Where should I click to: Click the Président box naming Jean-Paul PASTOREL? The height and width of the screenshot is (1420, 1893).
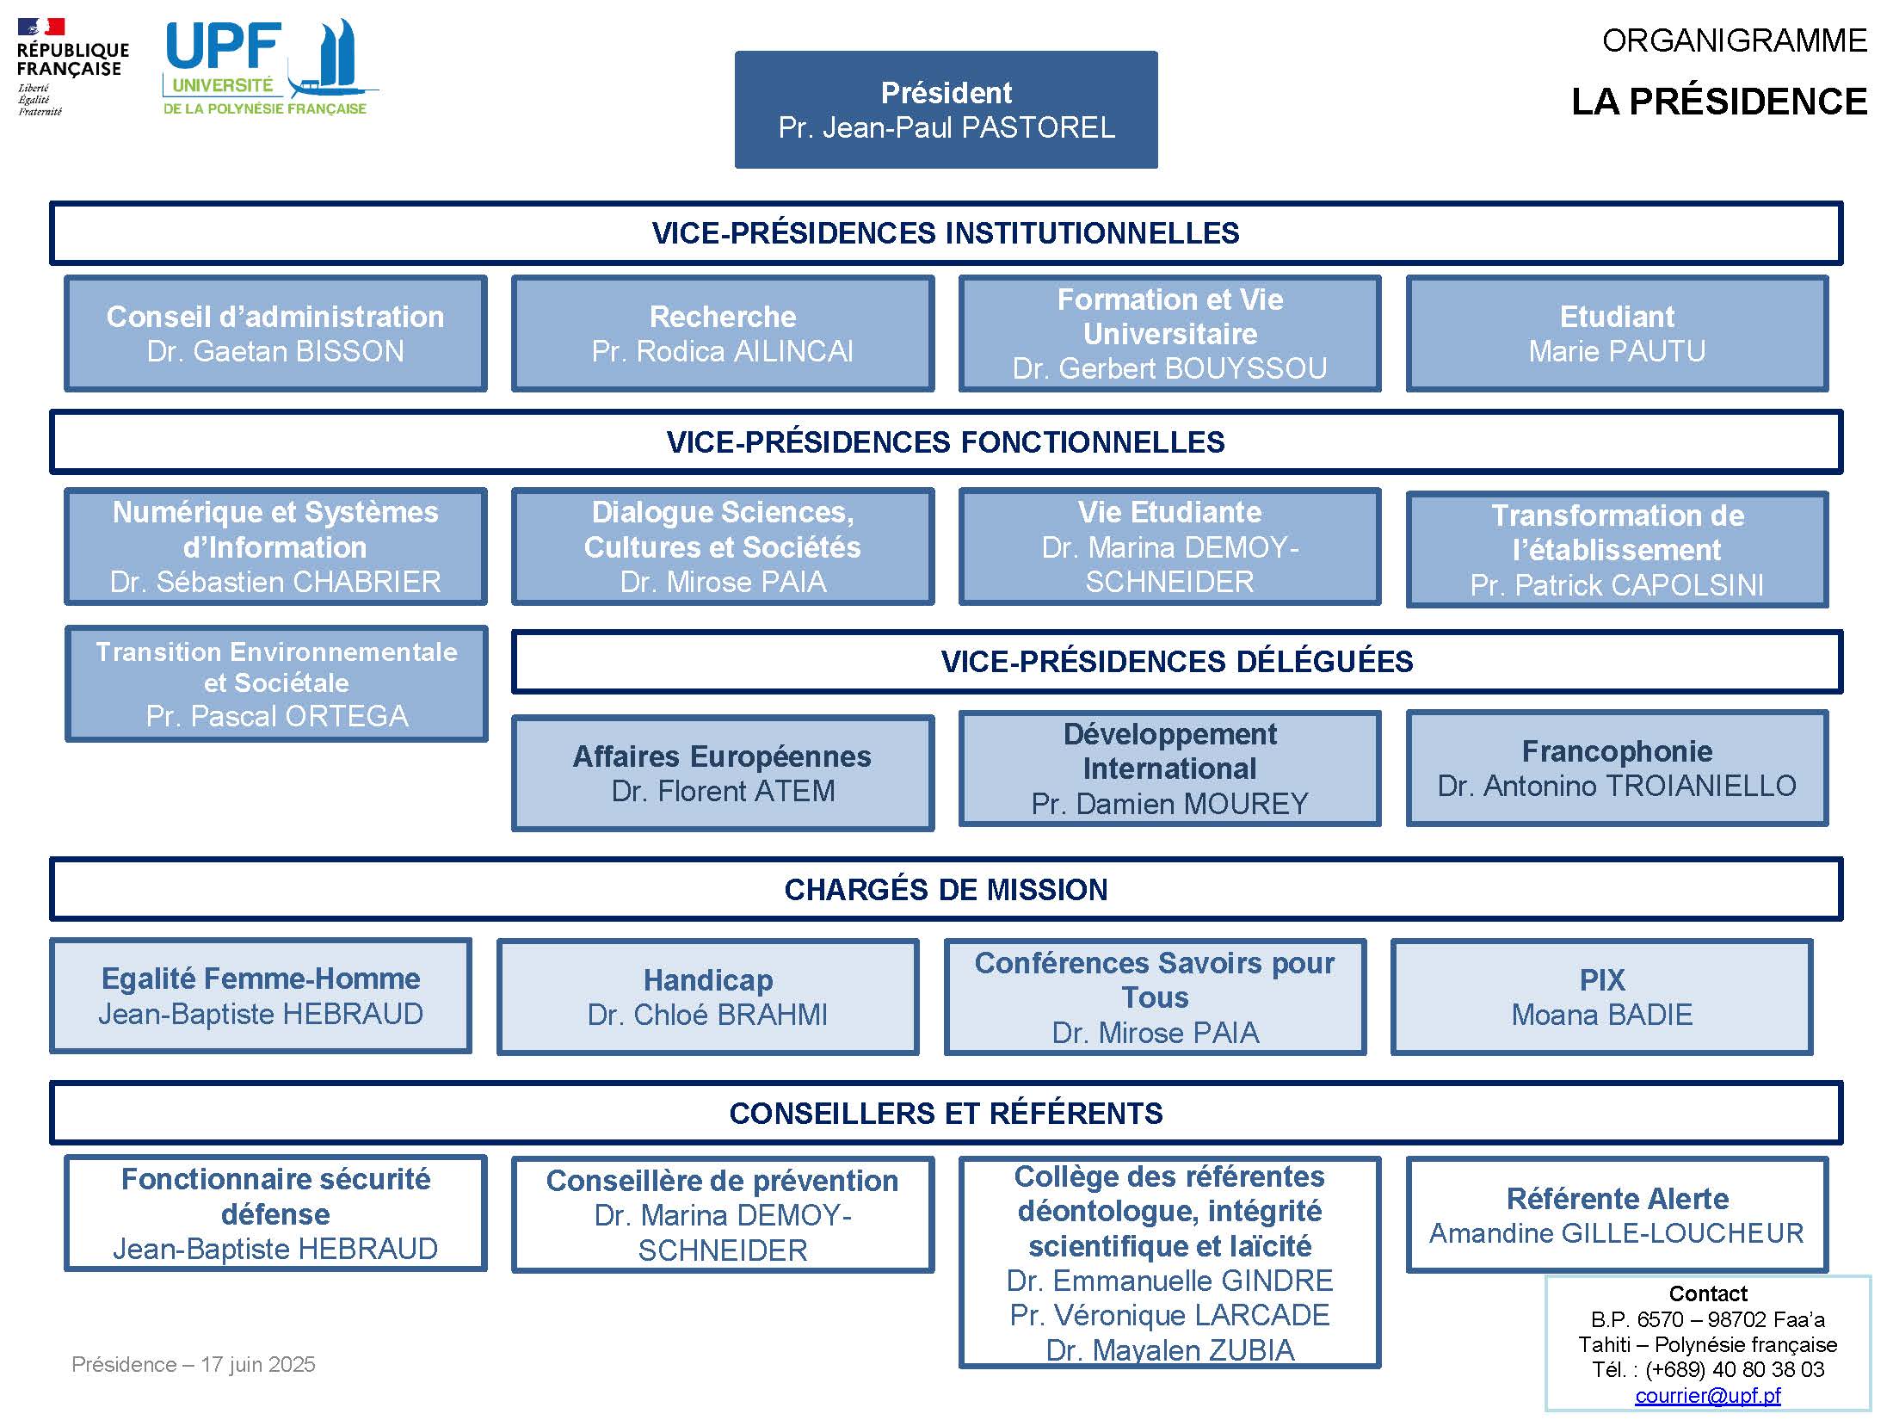coord(946,109)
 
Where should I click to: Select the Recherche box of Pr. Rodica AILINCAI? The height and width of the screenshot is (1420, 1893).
coord(723,334)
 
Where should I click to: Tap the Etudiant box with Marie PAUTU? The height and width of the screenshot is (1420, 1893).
coord(1617,334)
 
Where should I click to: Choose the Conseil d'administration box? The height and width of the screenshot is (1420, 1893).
coord(275,334)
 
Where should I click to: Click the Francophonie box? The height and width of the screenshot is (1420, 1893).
coord(1617,769)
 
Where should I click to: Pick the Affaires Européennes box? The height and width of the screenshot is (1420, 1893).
coord(723,773)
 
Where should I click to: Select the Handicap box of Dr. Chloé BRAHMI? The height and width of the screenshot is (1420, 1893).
coord(708,997)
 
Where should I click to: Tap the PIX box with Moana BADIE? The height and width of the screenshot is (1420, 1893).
coord(1602,997)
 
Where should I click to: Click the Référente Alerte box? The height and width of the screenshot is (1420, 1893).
coord(1617,1215)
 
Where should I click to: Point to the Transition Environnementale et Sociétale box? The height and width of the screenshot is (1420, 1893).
coord(276,683)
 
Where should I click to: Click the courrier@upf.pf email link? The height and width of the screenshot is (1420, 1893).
coord(1708,1395)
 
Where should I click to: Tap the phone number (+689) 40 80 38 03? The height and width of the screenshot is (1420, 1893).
coord(1735,1369)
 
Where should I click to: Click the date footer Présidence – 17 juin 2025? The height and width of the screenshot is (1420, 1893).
coord(194,1364)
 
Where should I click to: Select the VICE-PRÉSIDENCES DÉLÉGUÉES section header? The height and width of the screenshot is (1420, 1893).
coord(1177,662)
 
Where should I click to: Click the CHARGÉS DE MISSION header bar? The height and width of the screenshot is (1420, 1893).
coord(946,889)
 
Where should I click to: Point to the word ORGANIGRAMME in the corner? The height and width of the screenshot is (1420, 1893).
coord(1735,40)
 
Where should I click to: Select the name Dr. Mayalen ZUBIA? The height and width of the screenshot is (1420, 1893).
coord(1170,1350)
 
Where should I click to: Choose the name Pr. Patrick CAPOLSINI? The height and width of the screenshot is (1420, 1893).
coord(1617,585)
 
